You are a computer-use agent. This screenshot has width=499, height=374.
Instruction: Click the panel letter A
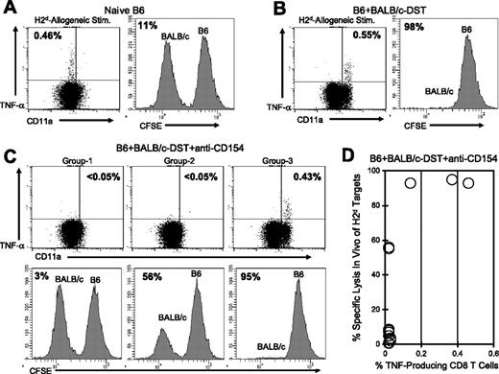point(9,11)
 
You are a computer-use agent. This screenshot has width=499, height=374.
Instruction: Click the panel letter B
point(255,11)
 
